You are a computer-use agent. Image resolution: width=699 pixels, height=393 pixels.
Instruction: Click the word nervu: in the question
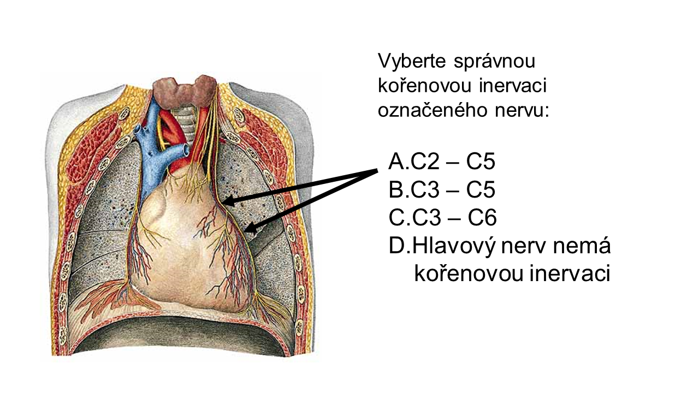click(519, 110)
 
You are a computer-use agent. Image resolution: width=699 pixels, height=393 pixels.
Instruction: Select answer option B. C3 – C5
click(442, 190)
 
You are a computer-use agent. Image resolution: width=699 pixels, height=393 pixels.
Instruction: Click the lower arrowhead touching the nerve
click(249, 230)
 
